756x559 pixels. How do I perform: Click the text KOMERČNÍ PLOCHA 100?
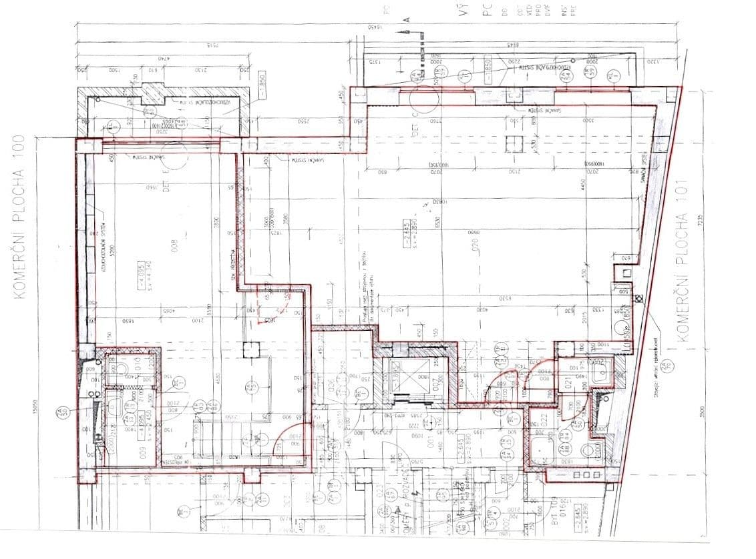tap(19, 216)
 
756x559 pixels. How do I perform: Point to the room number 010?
tap(137, 364)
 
